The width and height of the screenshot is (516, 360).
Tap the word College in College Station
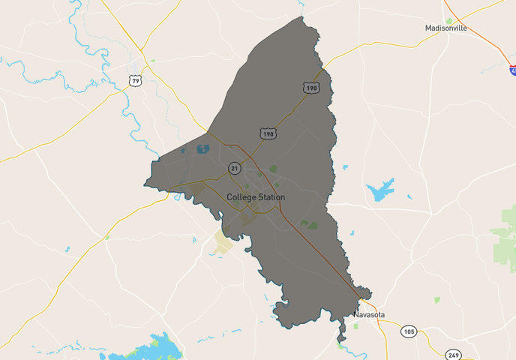point(241,197)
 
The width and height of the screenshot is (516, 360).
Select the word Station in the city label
point(271,197)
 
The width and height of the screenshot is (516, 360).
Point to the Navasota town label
point(369,315)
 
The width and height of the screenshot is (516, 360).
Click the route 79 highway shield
point(135,80)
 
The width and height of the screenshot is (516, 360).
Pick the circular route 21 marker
point(235,168)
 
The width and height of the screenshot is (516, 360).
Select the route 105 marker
point(408,331)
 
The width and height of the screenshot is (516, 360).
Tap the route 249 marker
point(453,354)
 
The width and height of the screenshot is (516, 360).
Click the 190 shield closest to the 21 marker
point(268,133)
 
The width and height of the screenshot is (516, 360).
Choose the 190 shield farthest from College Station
point(311,88)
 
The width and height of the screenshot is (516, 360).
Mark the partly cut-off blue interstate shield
point(513,70)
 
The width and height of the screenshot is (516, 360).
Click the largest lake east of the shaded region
point(380,190)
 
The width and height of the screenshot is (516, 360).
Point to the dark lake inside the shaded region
point(202,148)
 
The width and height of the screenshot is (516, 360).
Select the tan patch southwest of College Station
point(223,241)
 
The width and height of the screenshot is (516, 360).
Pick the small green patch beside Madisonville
point(449,20)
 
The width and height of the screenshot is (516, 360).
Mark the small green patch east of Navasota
point(436,300)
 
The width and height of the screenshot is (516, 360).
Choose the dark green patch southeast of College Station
point(309,223)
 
